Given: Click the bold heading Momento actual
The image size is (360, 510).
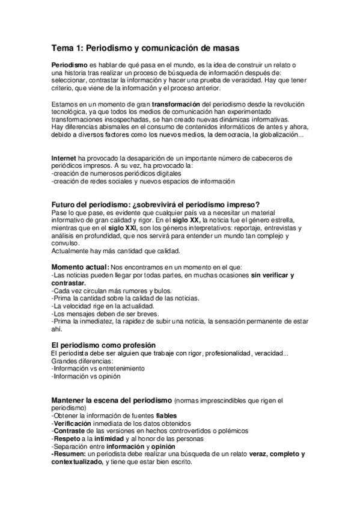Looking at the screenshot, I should (81, 267).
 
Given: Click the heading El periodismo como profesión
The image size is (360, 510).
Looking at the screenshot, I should (103, 344).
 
